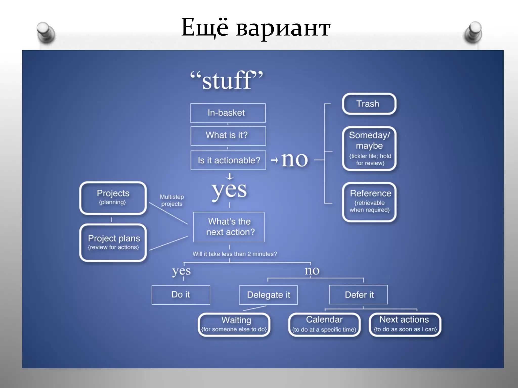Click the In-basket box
click(x=228, y=113)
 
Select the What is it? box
click(x=228, y=136)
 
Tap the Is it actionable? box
click(x=228, y=160)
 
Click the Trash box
click(x=369, y=104)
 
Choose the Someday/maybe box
click(x=369, y=149)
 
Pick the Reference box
click(x=369, y=202)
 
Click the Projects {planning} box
click(x=113, y=198)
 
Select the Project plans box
click(x=113, y=243)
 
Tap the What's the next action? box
click(x=229, y=227)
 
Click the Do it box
click(x=181, y=295)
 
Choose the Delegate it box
click(x=268, y=295)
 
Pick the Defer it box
click(x=358, y=295)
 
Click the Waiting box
click(x=234, y=325)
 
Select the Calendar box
click(x=324, y=325)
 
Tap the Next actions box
click(x=405, y=325)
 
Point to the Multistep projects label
click(x=172, y=200)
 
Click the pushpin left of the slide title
click(x=46, y=32)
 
